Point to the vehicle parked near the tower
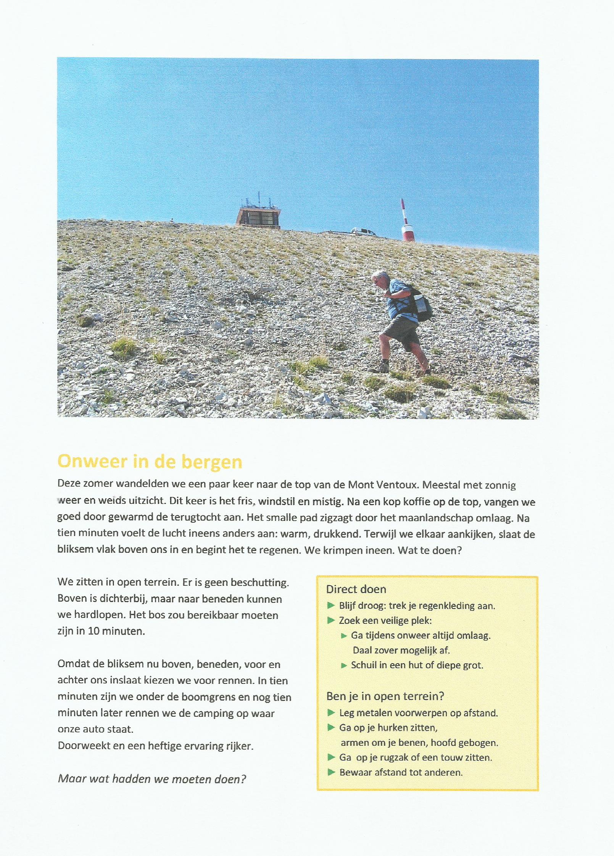pos(362,231)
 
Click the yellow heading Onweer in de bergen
pos(150,461)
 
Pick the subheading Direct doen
pos(356,589)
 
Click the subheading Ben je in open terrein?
pos(385,696)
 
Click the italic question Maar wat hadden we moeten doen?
pos(152,779)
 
